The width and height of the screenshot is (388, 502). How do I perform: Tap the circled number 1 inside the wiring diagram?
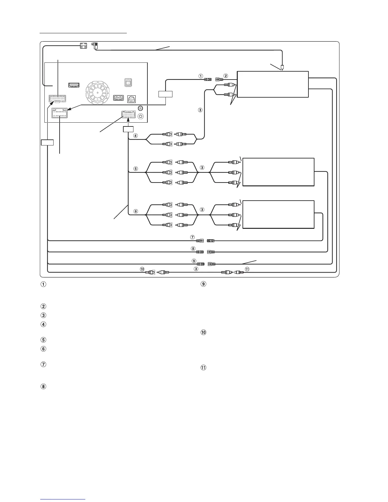(x=200, y=76)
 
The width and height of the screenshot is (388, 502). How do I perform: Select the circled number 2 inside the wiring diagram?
(x=226, y=76)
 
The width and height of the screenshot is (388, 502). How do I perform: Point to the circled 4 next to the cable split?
(x=136, y=136)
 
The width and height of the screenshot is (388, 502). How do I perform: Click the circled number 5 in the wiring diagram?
(x=136, y=169)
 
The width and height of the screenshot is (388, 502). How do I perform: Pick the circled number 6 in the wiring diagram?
(x=136, y=211)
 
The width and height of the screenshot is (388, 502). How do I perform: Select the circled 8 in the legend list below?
(x=43, y=387)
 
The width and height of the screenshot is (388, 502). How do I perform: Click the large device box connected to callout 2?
(x=273, y=84)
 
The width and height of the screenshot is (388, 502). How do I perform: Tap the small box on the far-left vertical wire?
(x=47, y=142)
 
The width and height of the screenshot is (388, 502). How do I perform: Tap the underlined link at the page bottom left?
(x=63, y=499)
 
